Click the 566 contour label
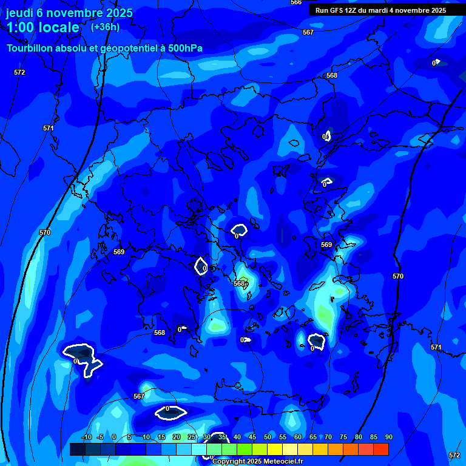pyautogui.click(x=296, y=2)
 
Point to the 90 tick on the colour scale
pyautogui.click(x=388, y=437)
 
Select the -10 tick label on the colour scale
pyautogui.click(x=86, y=437)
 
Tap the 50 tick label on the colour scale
pyautogui.click(x=268, y=437)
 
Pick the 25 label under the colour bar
pyautogui.click(x=192, y=437)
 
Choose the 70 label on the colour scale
pyautogui.click(x=328, y=437)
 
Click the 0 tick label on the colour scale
pyautogui.click(x=114, y=437)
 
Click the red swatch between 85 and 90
pyautogui.click(x=381, y=449)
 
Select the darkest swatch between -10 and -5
pyautogui.click(x=77, y=449)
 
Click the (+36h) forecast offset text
pyautogui.click(x=105, y=27)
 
